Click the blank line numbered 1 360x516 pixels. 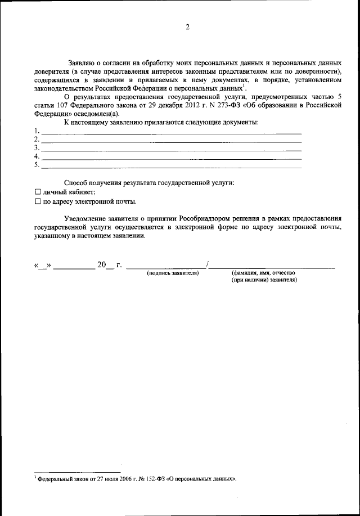point(172,134)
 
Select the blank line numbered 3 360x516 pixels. point(172,150)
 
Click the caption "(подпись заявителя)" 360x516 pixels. point(173,273)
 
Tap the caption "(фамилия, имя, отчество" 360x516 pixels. point(263,273)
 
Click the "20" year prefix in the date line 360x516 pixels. point(102,264)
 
